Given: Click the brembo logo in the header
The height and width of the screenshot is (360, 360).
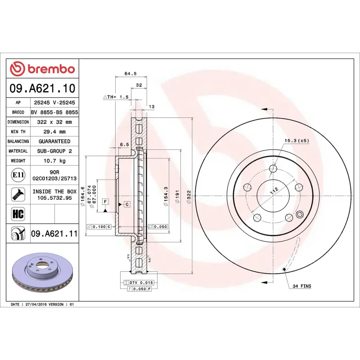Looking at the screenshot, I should pyautogui.click(x=42, y=69).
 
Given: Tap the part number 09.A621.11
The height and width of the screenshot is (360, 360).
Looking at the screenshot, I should pyautogui.click(x=54, y=234).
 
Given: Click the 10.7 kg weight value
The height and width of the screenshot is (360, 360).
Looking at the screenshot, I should pyautogui.click(x=54, y=161).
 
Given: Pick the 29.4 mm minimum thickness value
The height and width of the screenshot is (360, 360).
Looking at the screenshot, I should pyautogui.click(x=54, y=132).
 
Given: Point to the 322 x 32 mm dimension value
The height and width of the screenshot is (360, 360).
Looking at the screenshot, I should pyautogui.click(x=54, y=122).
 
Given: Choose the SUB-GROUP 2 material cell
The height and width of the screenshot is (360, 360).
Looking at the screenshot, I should pyautogui.click(x=54, y=151).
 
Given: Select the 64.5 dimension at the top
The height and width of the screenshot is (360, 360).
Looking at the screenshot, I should pyautogui.click(x=130, y=73).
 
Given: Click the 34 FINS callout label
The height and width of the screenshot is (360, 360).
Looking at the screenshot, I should pyautogui.click(x=301, y=286).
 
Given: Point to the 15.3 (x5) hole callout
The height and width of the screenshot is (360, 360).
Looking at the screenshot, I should pyautogui.click(x=297, y=141).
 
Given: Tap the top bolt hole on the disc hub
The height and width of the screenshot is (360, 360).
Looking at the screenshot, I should pyautogui.click(x=273, y=169).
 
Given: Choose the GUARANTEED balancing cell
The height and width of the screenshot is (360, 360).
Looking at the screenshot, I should pyautogui.click(x=54, y=141).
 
